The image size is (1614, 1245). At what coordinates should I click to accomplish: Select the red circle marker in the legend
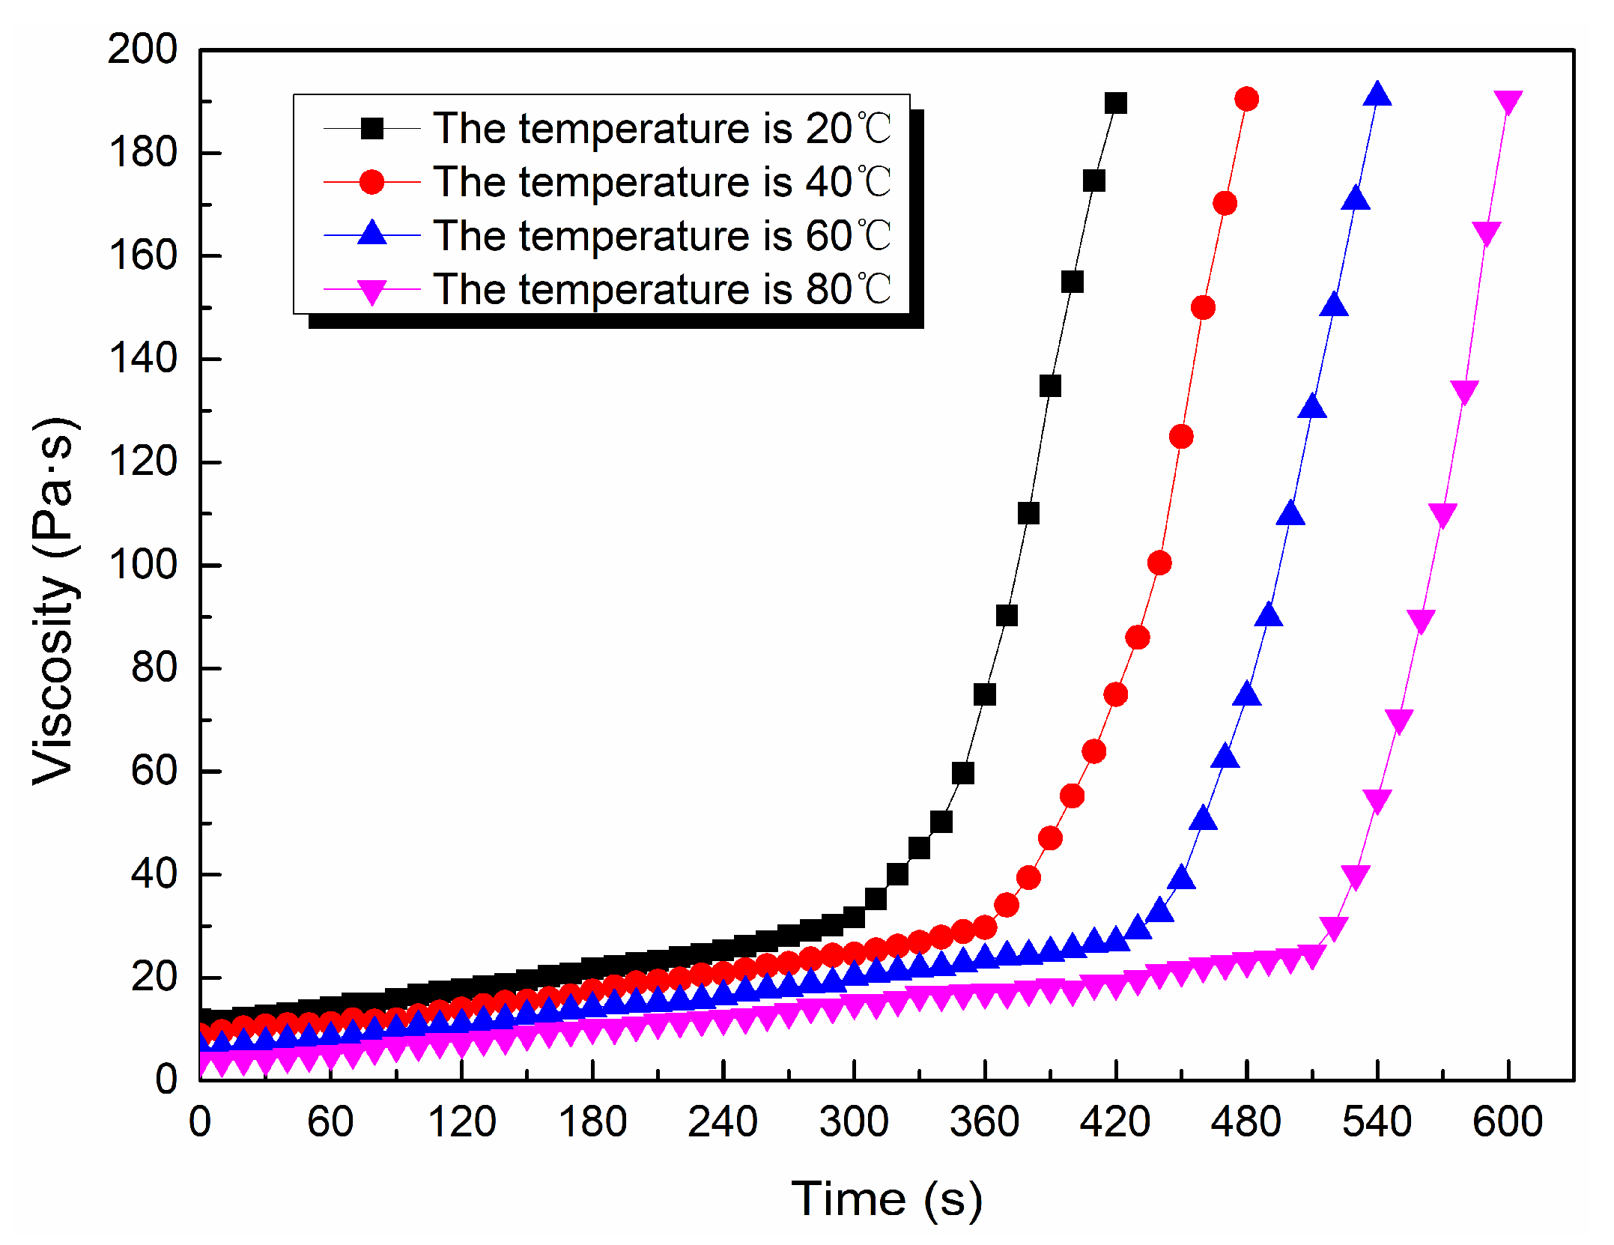(x=372, y=182)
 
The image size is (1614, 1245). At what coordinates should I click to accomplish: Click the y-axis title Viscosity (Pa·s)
(x=54, y=601)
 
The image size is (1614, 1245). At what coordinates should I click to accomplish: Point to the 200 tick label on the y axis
(x=142, y=49)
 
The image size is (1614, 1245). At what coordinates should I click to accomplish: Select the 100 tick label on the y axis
(x=142, y=564)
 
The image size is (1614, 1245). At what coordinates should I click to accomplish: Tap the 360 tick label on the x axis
(x=984, y=1122)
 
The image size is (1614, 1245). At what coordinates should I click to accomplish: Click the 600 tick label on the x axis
(x=1508, y=1122)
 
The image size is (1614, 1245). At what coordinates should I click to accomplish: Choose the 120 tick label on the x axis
(x=461, y=1122)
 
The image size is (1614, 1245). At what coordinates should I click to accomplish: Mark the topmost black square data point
(x=1116, y=103)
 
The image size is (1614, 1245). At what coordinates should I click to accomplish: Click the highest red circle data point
(x=1247, y=99)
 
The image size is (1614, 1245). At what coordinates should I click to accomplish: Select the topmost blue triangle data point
(x=1377, y=95)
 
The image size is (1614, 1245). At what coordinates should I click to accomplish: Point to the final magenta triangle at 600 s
(x=1508, y=103)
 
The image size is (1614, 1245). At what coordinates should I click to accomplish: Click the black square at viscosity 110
(x=1028, y=513)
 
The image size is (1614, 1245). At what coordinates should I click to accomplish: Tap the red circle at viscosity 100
(x=1159, y=563)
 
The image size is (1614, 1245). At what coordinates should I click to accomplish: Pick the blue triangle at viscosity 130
(x=1311, y=408)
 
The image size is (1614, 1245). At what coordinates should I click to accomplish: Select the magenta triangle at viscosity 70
(x=1399, y=721)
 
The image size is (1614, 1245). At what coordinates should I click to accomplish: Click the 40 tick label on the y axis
(x=154, y=873)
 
